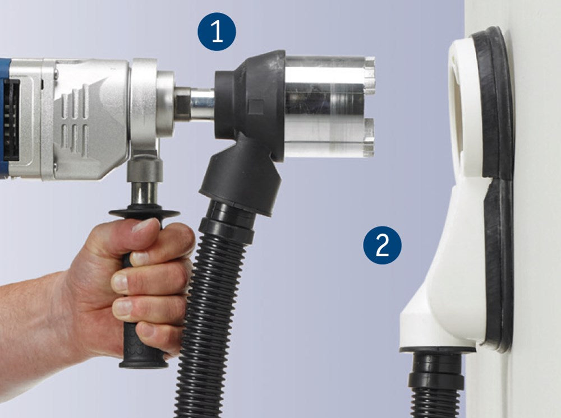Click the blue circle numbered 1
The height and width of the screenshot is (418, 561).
coord(217,31)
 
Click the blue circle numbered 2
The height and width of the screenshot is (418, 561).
coord(382,245)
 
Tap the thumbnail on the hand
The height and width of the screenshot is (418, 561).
coord(144,226)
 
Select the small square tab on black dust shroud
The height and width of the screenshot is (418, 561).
coord(255,107)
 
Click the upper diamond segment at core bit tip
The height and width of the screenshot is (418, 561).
coord(370,75)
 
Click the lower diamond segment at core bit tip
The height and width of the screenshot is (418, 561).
coord(369,137)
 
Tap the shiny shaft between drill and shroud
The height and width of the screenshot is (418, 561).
coord(203,105)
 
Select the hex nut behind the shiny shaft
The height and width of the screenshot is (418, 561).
coord(182,104)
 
